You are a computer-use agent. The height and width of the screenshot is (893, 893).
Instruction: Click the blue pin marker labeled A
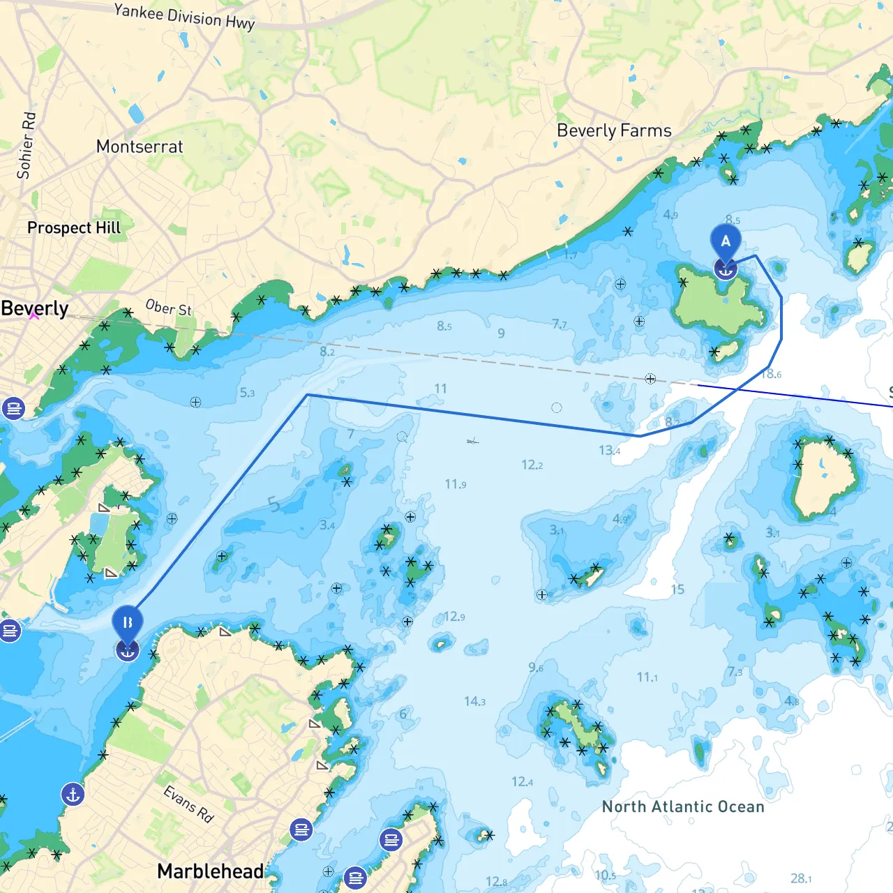tap(726, 242)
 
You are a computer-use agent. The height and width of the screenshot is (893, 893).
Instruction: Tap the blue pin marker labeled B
tap(127, 623)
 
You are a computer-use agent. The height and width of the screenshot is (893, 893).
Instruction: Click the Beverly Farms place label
tap(614, 130)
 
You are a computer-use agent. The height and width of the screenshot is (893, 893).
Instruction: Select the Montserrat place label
tap(140, 147)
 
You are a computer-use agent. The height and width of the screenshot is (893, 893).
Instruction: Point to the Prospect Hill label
tap(74, 227)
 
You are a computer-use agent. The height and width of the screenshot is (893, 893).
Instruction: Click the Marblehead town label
tap(210, 871)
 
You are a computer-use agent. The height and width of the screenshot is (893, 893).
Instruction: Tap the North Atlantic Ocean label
tap(683, 806)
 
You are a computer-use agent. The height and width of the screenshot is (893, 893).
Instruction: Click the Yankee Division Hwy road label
tap(184, 16)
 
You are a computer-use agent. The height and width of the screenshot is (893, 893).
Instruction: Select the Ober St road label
tap(168, 307)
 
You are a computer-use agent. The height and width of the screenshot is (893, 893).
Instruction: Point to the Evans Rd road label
tap(188, 804)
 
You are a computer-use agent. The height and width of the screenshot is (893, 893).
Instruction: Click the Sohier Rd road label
tap(26, 145)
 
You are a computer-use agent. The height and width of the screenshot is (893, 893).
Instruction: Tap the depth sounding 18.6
tap(771, 374)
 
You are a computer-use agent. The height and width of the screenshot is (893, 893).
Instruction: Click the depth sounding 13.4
tap(609, 450)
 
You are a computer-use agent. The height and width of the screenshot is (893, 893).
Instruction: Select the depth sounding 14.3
tap(474, 701)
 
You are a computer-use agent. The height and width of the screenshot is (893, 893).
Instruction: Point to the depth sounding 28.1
tap(800, 878)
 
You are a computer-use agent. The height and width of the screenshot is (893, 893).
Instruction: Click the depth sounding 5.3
tap(247, 393)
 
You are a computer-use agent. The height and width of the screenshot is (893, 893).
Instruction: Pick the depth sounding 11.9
tap(456, 483)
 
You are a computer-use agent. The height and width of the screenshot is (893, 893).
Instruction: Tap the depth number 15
tap(677, 590)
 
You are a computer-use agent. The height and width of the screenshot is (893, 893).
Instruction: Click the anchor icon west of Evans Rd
tap(73, 794)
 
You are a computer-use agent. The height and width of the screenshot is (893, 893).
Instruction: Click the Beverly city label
tap(35, 308)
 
